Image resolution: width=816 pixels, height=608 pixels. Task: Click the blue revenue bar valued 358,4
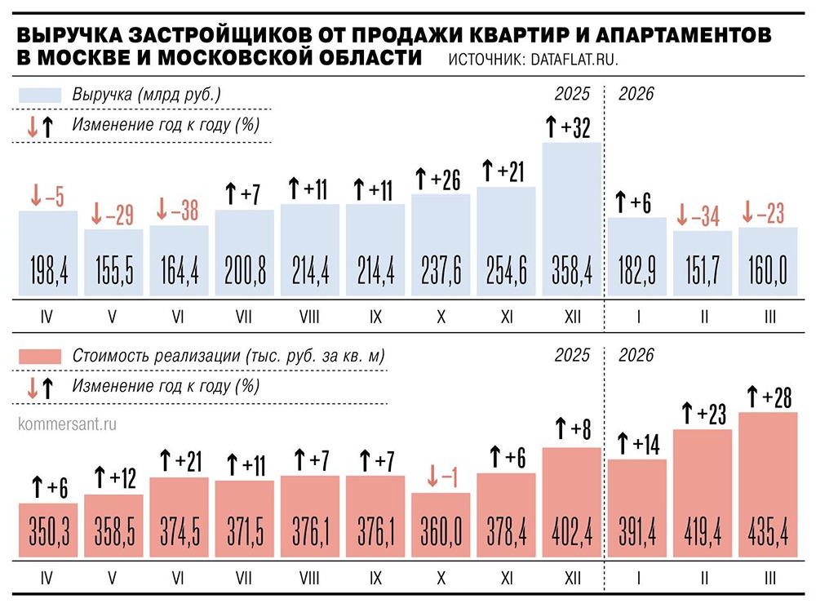coord(571,220)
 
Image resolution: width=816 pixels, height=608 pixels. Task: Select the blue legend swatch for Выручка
coord(40,95)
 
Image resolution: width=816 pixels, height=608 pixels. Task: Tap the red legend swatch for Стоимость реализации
coord(40,357)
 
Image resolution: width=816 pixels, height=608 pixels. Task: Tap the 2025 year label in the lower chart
coord(571,356)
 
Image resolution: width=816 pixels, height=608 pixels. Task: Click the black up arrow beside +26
coord(422,178)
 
